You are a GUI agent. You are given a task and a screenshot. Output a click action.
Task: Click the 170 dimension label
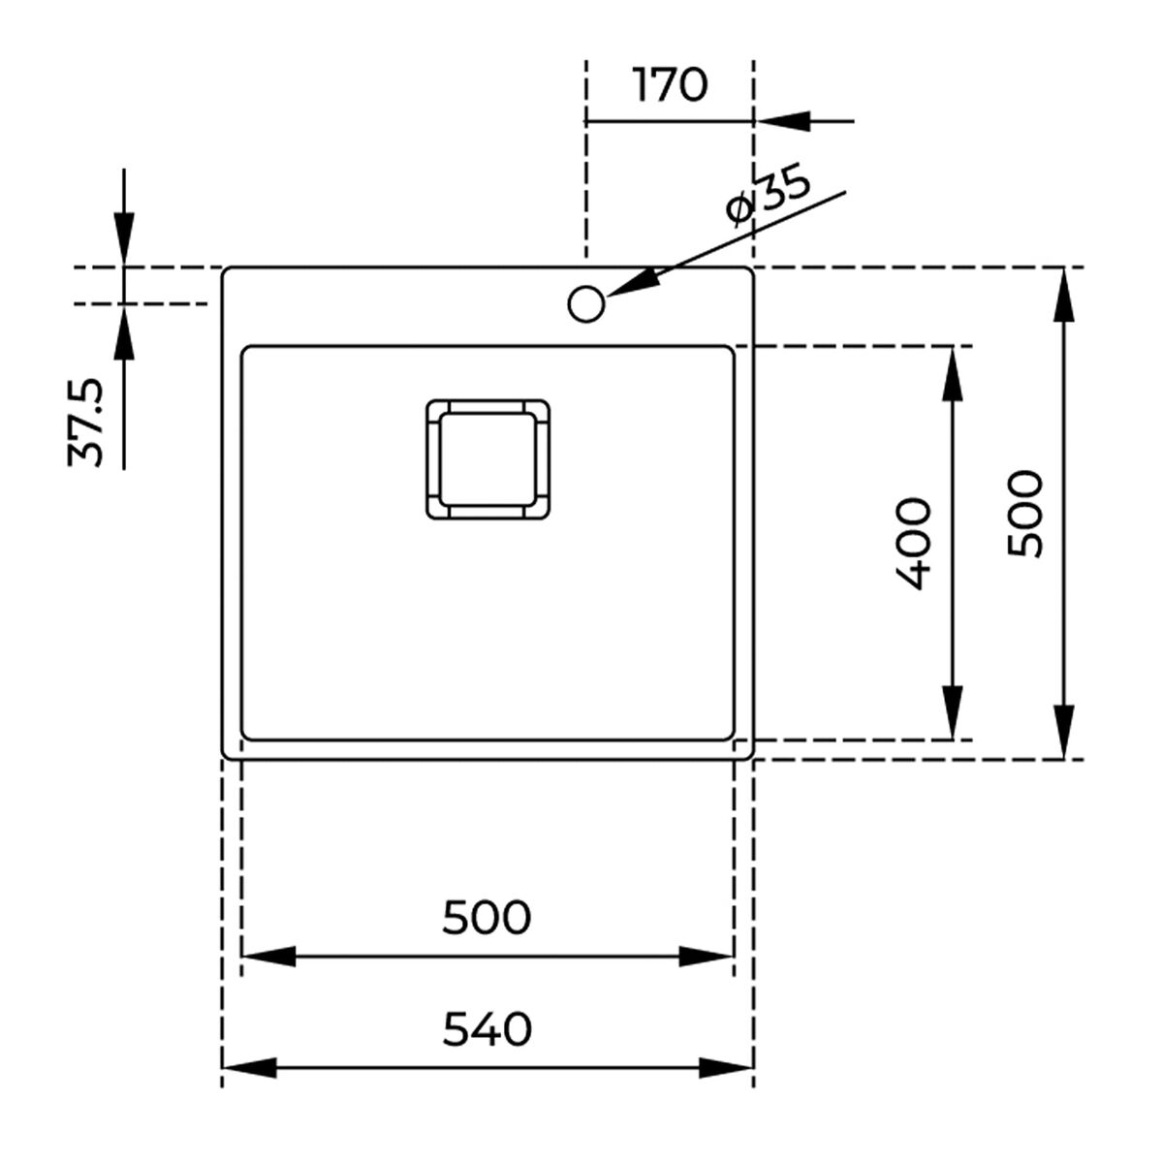[670, 85]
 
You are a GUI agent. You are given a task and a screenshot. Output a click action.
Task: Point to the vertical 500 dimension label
[1024, 513]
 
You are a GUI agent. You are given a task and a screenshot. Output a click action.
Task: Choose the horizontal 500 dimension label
[487, 917]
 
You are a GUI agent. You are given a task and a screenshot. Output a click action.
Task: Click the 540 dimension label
[487, 1029]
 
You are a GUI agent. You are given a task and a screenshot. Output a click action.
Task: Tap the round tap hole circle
[585, 303]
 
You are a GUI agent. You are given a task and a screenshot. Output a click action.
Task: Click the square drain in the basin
[487, 458]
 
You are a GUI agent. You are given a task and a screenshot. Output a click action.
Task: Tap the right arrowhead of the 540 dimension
[727, 1067]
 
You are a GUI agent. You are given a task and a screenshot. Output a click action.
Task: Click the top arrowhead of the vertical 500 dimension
[1064, 294]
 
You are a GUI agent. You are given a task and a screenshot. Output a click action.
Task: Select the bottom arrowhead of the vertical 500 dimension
[1064, 732]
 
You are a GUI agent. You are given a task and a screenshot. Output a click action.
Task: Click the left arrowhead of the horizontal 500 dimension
[267, 957]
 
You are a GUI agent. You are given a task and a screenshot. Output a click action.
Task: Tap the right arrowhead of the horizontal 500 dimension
[707, 957]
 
